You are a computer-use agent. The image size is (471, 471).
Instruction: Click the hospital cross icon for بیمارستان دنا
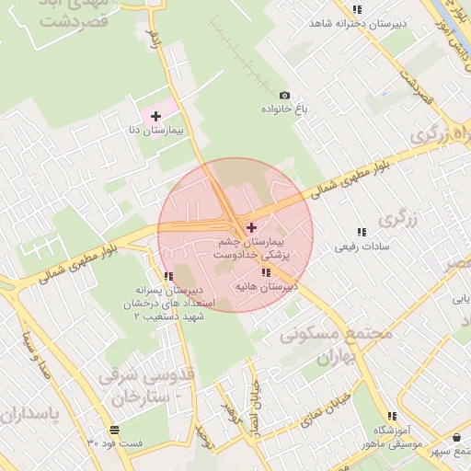click(x=155, y=117)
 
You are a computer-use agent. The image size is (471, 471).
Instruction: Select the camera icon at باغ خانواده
click(x=284, y=96)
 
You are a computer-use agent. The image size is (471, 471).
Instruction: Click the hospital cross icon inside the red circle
click(x=251, y=226)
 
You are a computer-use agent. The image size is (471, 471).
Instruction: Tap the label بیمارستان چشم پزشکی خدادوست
click(x=250, y=246)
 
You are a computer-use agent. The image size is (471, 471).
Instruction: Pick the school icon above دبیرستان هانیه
click(x=266, y=272)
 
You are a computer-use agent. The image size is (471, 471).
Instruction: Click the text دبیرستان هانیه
click(x=266, y=287)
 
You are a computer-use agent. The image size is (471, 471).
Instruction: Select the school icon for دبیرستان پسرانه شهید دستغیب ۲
click(x=167, y=276)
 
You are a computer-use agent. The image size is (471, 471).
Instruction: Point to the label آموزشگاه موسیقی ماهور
click(x=396, y=437)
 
